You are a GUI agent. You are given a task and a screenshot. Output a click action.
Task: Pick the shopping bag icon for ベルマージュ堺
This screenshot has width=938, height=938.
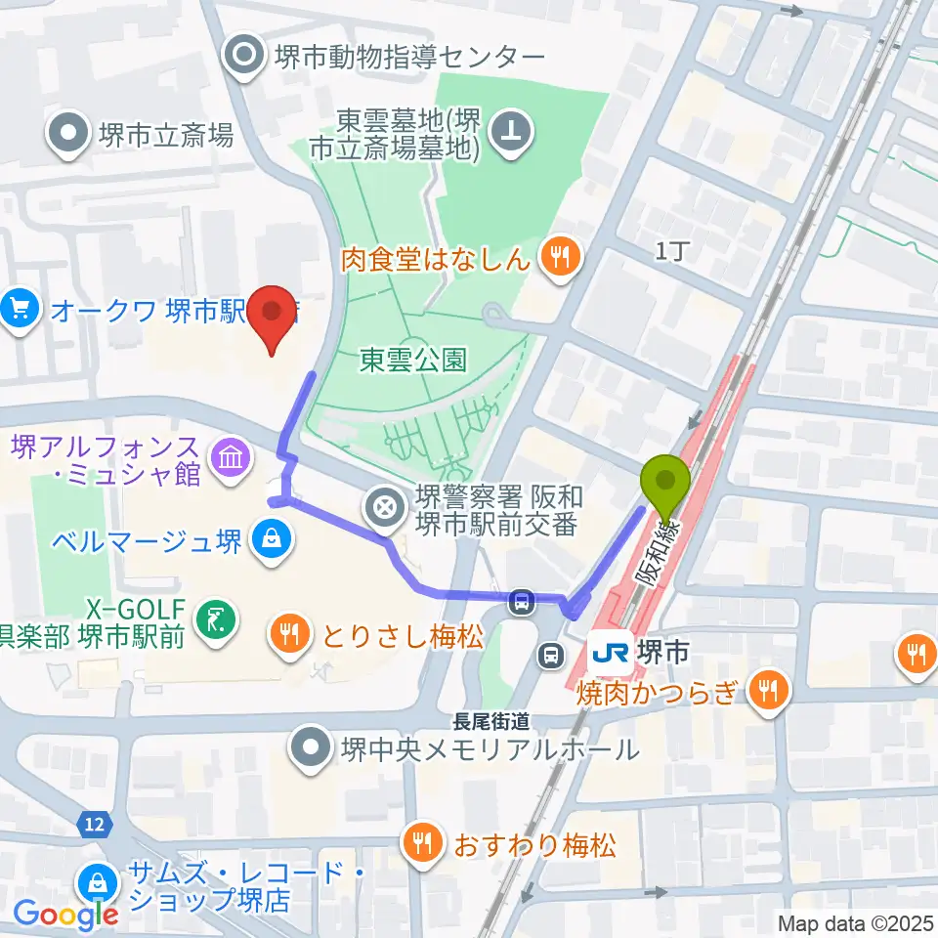267,538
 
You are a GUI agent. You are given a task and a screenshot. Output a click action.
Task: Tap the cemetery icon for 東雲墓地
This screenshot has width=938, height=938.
509,132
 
